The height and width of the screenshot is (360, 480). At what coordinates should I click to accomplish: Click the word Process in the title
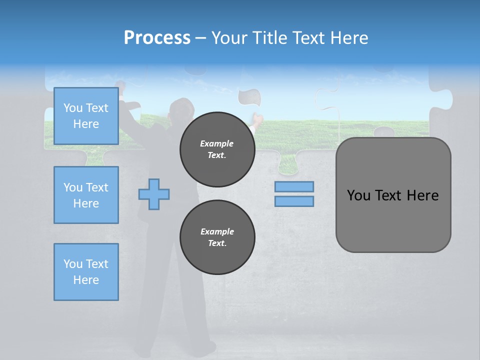(x=157, y=37)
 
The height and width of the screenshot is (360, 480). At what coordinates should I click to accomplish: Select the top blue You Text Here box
(x=86, y=116)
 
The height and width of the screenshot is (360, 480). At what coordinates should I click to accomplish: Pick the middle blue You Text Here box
(x=86, y=195)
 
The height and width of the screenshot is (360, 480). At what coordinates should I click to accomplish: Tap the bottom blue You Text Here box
(x=86, y=272)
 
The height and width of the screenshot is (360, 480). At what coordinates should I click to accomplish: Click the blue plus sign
(x=154, y=194)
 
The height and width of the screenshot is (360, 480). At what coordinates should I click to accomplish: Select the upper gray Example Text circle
(x=217, y=149)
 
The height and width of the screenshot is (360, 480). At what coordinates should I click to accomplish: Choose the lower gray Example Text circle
(x=217, y=237)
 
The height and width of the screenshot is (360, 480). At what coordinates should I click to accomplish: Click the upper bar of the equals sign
(x=294, y=187)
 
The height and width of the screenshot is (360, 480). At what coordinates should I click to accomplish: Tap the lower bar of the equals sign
(x=294, y=201)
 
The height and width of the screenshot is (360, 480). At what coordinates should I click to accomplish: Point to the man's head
(x=181, y=109)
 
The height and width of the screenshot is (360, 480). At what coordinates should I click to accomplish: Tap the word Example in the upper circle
(x=217, y=143)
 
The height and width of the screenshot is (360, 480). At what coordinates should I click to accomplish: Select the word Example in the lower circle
(x=217, y=231)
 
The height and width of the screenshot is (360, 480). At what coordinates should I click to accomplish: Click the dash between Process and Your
(x=201, y=38)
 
